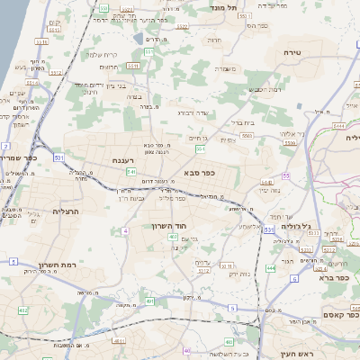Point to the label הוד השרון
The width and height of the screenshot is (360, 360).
tap(168, 226)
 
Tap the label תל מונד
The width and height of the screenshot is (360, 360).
tap(226, 7)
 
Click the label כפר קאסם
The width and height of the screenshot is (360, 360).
tap(340, 314)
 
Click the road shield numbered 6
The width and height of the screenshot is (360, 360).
tap(294, 278)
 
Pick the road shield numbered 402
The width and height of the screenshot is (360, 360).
tap(23, 310)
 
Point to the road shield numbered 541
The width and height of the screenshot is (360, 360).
tap(130, 170)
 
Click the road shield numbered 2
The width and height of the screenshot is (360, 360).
tap(5, 145)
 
